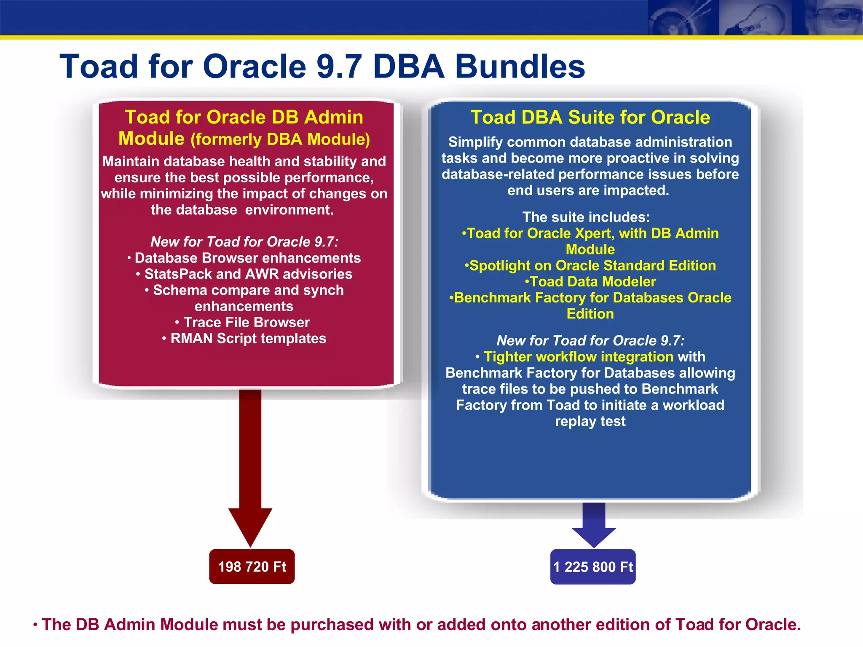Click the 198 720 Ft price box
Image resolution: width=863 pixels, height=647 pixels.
tap(252, 567)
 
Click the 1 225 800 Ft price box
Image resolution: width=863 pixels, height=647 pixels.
tap(592, 567)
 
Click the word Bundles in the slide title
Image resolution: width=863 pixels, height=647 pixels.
tap(520, 67)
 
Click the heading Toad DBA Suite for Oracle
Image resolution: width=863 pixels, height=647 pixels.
tap(590, 117)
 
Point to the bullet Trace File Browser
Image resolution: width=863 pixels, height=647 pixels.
tap(247, 322)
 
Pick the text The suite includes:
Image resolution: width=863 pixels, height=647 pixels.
tap(586, 217)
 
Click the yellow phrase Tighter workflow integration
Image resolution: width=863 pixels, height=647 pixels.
tap(578, 357)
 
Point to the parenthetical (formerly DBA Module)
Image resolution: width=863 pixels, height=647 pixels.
tap(280, 139)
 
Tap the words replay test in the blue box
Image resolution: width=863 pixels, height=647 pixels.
tap(590, 421)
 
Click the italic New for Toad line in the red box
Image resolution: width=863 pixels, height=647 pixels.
tap(244, 242)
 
